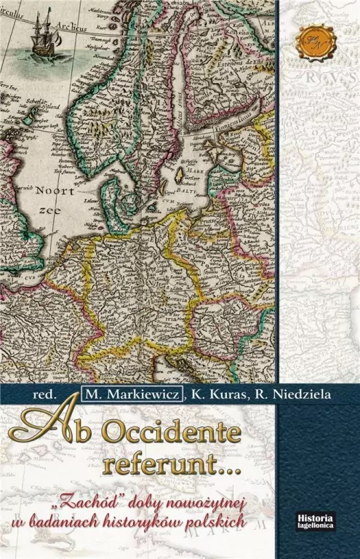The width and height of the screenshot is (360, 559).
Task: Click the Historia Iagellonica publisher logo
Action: coord(315,518)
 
